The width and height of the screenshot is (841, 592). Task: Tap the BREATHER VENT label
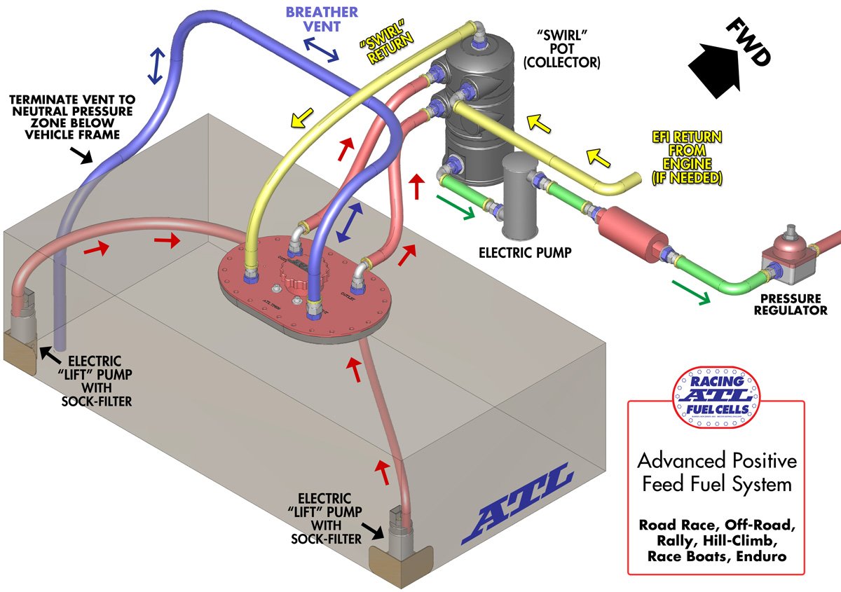click(x=322, y=20)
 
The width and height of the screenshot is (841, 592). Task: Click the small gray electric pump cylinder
click(x=519, y=195)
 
